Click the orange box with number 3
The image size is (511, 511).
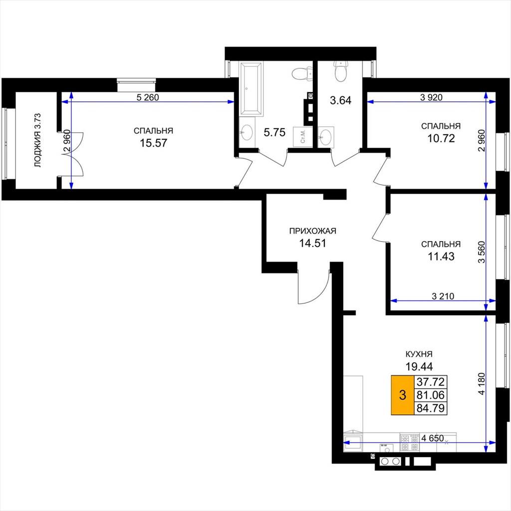click(x=403, y=395)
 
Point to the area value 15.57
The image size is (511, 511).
click(x=154, y=143)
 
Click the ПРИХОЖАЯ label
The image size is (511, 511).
click(x=312, y=231)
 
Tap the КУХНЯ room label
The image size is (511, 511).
click(x=419, y=354)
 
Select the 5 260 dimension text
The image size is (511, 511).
click(x=148, y=97)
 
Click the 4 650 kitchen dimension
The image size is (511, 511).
click(x=433, y=438)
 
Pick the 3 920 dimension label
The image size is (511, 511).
click(x=431, y=97)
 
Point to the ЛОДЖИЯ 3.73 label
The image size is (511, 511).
click(x=38, y=140)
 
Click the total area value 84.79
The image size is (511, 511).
click(x=431, y=408)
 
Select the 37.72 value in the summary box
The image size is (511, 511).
click(x=431, y=382)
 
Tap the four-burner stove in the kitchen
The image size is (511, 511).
click(x=410, y=443)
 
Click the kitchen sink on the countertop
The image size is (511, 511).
click(x=353, y=442)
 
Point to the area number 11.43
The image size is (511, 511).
click(x=441, y=256)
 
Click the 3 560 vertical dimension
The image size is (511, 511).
click(x=482, y=252)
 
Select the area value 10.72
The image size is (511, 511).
click(x=441, y=139)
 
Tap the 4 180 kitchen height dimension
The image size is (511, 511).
click(x=482, y=384)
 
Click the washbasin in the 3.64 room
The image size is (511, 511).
click(x=325, y=137)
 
